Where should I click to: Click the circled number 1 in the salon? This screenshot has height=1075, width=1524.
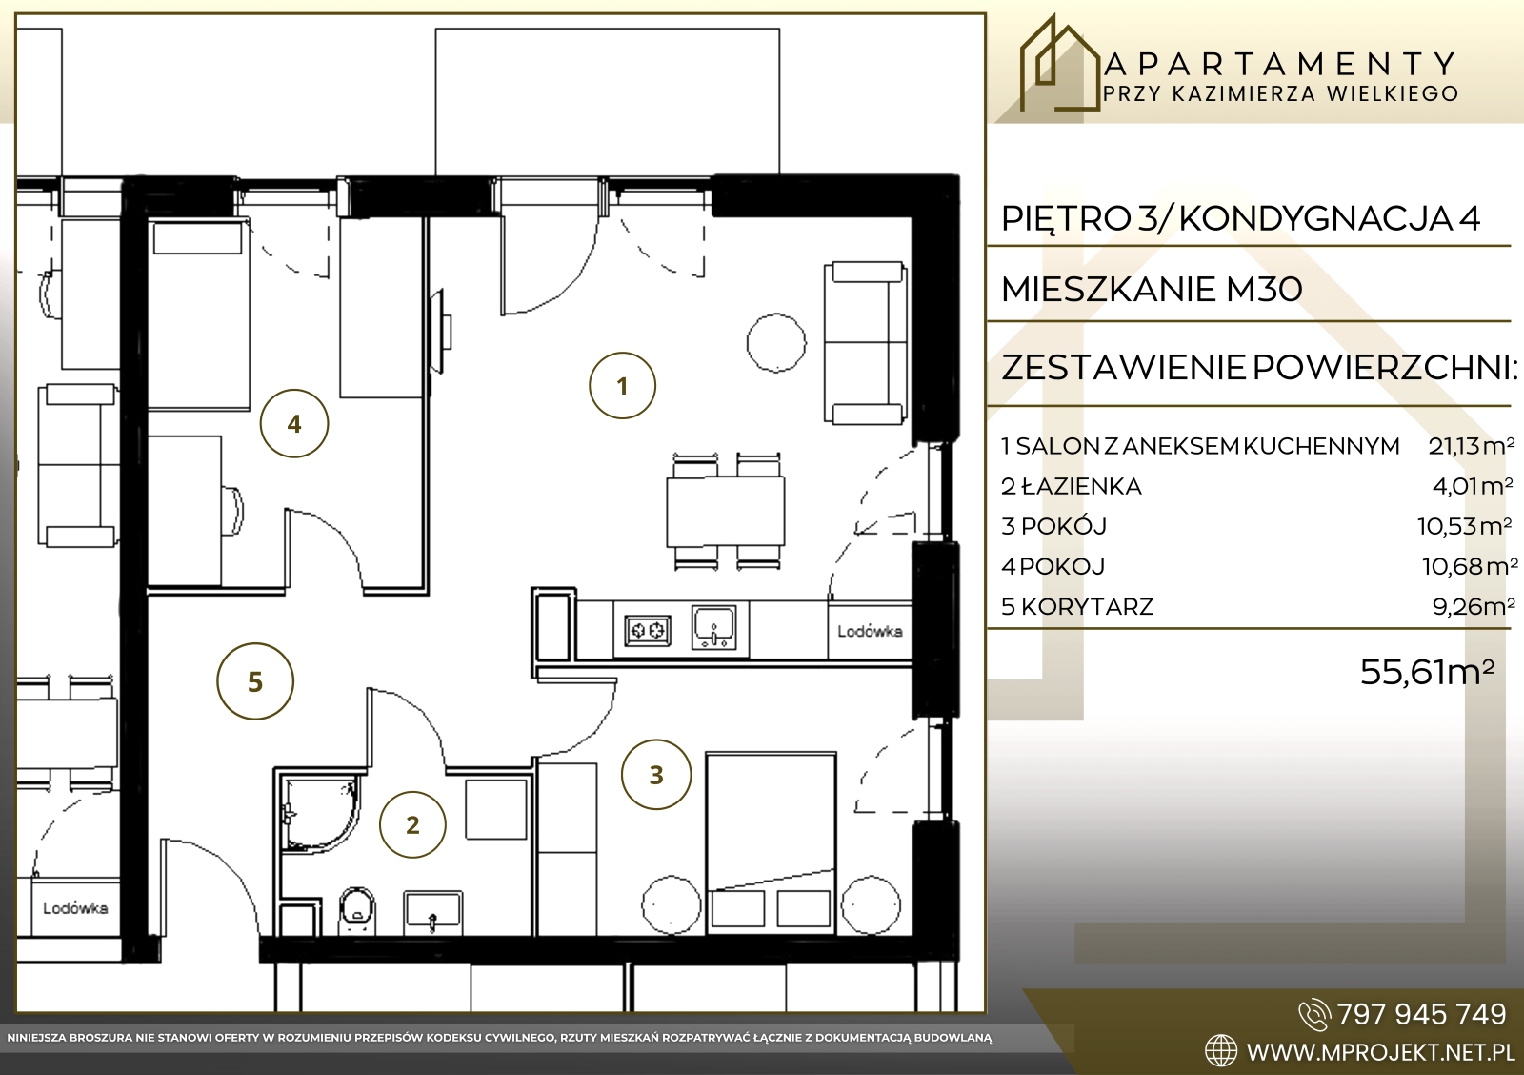(x=622, y=385)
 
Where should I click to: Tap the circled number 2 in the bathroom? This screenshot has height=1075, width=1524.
(x=412, y=824)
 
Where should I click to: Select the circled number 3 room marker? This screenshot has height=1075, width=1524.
(x=656, y=774)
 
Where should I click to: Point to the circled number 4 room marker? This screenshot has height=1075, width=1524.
(x=294, y=423)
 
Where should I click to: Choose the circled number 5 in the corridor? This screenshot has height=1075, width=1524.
(x=255, y=680)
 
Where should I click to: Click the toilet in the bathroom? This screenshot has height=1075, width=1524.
(x=357, y=909)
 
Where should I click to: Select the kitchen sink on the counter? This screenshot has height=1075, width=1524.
(x=713, y=627)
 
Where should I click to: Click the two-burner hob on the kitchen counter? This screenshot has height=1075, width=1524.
(x=647, y=631)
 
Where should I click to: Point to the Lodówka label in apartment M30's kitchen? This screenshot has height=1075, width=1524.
(x=870, y=631)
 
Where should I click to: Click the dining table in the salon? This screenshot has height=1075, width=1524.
(x=725, y=511)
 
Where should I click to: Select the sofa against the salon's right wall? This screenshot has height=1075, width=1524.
(x=866, y=342)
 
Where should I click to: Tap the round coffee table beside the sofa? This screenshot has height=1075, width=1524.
(x=776, y=342)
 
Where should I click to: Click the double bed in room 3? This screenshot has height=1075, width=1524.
(x=771, y=842)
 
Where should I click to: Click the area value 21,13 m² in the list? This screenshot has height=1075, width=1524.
(x=1472, y=446)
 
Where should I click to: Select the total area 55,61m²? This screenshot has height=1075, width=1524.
(x=1428, y=672)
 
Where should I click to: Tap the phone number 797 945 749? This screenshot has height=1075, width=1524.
(x=1422, y=1015)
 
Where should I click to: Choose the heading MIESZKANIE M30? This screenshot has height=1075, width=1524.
(x=1152, y=290)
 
